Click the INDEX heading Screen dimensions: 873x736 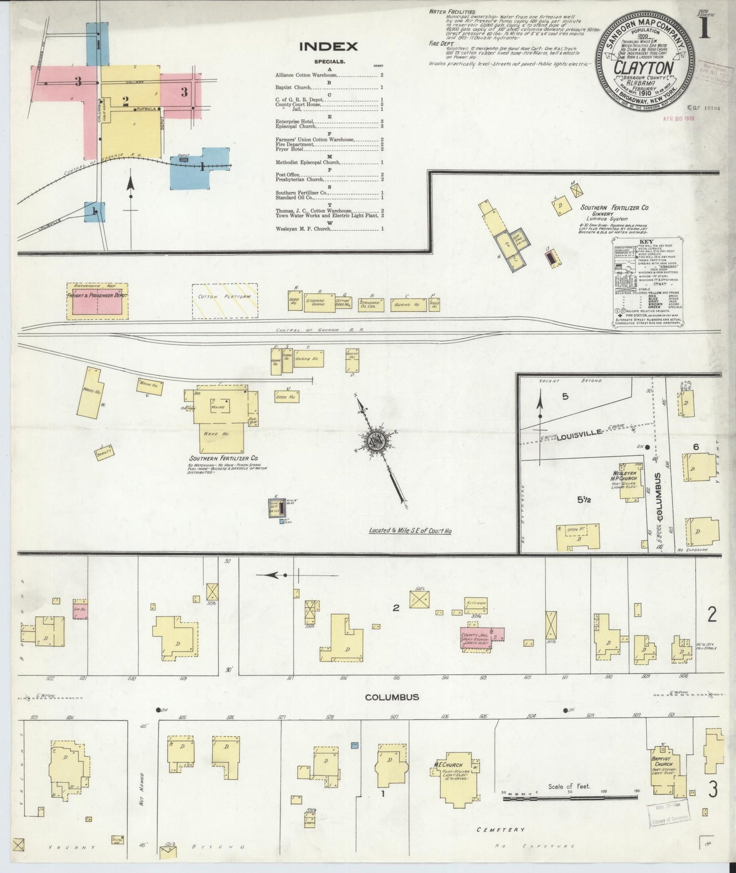(x=328, y=47)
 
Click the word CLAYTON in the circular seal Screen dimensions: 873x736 (x=644, y=68)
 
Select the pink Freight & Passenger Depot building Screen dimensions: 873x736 (x=97, y=304)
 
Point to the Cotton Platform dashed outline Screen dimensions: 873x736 (x=225, y=301)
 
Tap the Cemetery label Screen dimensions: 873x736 (x=501, y=830)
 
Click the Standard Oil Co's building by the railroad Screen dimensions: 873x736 (x=371, y=305)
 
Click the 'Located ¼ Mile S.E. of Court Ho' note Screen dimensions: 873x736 (x=411, y=531)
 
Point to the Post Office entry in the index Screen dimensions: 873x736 (x=288, y=175)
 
